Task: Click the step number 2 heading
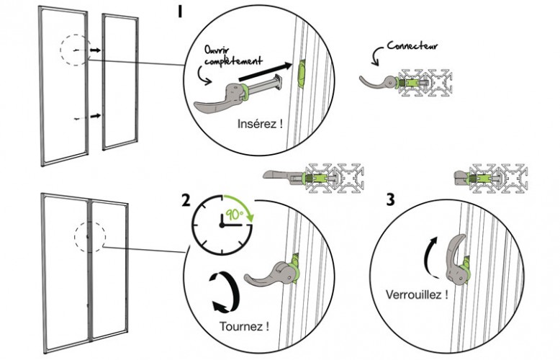[186, 201]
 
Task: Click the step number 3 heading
[389, 200]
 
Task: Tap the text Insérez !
[259, 124]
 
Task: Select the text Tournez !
[244, 326]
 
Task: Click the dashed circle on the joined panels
[90, 235]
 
